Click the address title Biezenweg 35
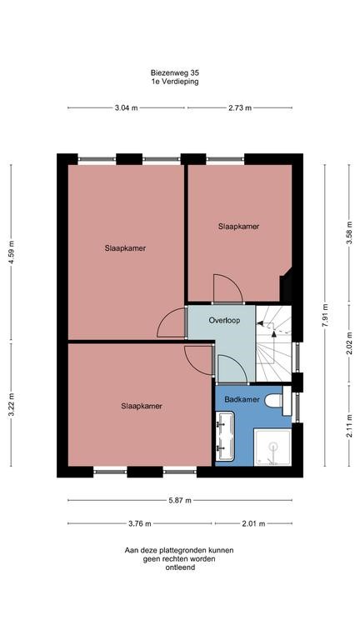(x=174, y=73)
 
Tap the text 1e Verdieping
(x=174, y=82)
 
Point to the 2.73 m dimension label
(x=239, y=108)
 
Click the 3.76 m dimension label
(x=140, y=523)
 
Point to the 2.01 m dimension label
(x=253, y=523)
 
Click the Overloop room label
(x=224, y=319)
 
